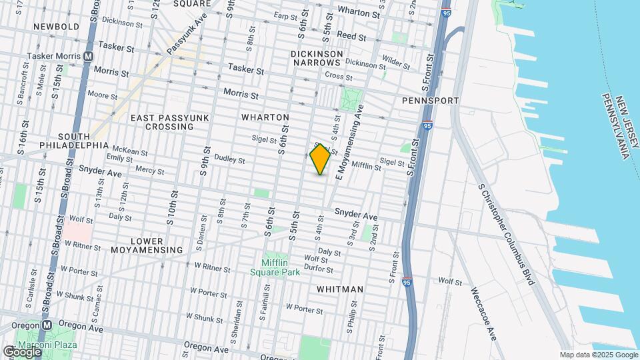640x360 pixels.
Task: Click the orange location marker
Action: [321, 159]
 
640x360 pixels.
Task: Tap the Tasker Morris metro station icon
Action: [88, 57]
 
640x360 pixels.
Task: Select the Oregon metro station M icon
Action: [47, 325]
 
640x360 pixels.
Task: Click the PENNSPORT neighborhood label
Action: [431, 101]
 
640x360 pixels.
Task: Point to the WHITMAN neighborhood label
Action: [340, 289]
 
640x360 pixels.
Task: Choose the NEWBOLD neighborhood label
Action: [57, 27]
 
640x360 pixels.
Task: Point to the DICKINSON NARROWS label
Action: [317, 58]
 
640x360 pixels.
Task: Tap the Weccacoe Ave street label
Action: [483, 313]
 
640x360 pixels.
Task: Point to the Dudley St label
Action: [229, 160]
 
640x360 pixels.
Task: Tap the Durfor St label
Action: [318, 269]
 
